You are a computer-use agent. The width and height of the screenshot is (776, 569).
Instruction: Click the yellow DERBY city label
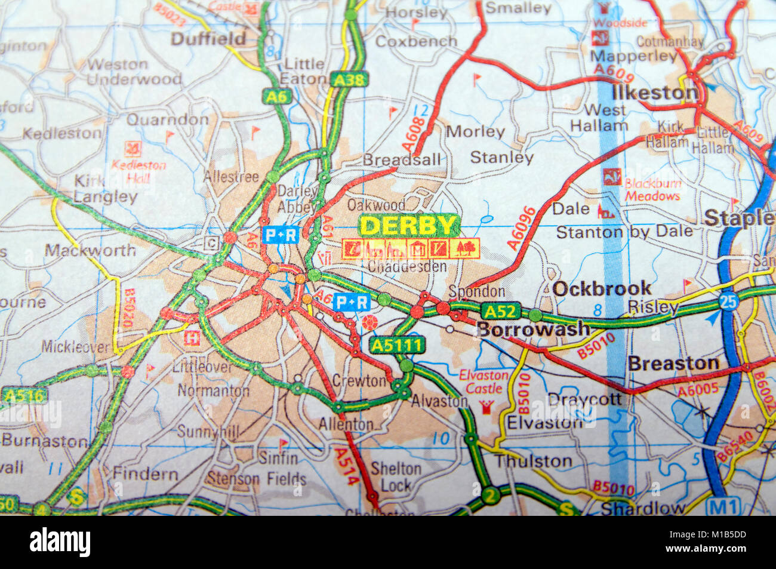pyautogui.click(x=409, y=226)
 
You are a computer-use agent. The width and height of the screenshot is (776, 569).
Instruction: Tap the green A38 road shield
pyautogui.click(x=352, y=79)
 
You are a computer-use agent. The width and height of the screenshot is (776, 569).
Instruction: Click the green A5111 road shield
pyautogui.click(x=397, y=345)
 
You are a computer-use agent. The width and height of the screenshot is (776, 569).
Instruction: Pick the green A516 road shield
pyautogui.click(x=24, y=395)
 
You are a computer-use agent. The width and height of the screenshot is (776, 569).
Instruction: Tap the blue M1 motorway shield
pyautogui.click(x=723, y=507)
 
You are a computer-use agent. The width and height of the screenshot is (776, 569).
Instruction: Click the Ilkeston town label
pyautogui.click(x=654, y=93)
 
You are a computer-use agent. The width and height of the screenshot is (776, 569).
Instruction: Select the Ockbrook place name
pyautogui.click(x=602, y=289)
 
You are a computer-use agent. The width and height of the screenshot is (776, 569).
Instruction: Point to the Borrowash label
pyautogui.click(x=533, y=329)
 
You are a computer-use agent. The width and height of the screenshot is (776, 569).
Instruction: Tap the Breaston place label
pyautogui.click(x=673, y=364)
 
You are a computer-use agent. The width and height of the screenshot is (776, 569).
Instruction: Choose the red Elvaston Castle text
pyautogui.click(x=484, y=382)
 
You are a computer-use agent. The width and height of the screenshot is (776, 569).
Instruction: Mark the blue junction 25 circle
pyautogui.click(x=728, y=302)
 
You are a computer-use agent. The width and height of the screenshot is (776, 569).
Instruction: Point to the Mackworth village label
pyautogui.click(x=90, y=250)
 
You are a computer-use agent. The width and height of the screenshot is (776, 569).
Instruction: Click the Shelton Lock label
pyautogui.click(x=396, y=476)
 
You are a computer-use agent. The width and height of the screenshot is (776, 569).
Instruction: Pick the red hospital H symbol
pyautogui.click(x=192, y=338)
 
